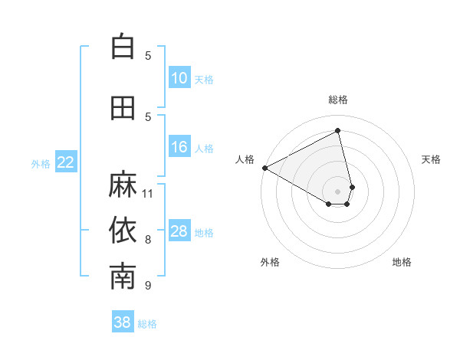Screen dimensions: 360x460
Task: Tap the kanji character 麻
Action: [123, 185]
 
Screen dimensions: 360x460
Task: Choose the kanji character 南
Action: [123, 277]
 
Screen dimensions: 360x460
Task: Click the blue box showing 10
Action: [179, 78]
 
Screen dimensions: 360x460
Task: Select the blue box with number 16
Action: [179, 147]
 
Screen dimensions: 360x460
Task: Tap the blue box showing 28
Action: [179, 231]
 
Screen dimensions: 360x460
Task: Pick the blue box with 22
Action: [66, 162]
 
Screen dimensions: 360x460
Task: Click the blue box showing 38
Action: [123, 322]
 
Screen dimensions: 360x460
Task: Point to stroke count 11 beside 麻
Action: [148, 193]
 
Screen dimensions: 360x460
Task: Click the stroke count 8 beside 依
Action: [148, 240]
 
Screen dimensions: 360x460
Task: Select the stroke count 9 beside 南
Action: [148, 286]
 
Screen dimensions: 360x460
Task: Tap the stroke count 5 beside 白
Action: [148, 55]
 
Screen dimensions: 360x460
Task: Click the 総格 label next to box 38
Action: [147, 324]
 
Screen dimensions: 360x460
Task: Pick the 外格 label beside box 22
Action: [41, 163]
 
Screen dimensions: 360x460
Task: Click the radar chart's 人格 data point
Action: [264, 168]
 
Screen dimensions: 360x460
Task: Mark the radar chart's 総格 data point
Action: [337, 131]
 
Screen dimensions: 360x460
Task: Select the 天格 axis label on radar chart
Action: [432, 159]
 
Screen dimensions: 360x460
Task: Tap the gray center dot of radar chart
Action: [338, 190]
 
